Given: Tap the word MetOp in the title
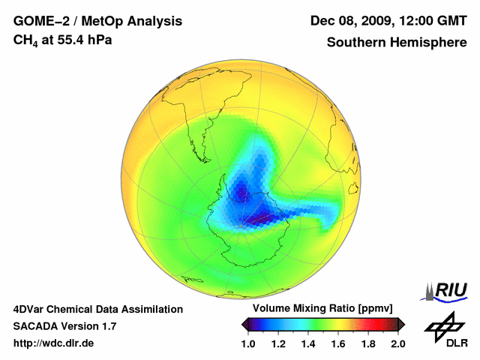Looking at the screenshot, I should click(106, 21).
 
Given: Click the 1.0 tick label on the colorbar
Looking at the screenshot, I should click(249, 343).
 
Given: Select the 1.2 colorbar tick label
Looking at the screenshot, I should click(279, 343).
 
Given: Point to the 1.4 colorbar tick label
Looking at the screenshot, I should click(309, 343).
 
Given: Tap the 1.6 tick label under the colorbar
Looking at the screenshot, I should click(339, 343).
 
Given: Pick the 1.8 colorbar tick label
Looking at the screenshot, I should click(368, 343).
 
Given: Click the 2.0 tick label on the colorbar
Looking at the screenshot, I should click(397, 343).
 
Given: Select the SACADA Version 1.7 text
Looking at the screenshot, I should click(64, 326).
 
